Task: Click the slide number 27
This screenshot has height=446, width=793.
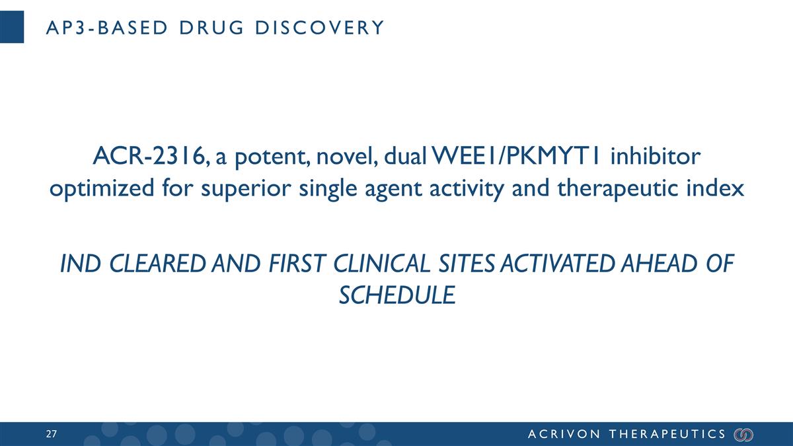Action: tap(51, 434)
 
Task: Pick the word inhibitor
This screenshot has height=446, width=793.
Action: tap(656, 158)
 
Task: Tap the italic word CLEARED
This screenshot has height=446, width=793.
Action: tap(153, 264)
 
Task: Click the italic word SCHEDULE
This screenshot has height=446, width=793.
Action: tap(397, 294)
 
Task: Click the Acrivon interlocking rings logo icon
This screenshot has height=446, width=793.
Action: tap(744, 434)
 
